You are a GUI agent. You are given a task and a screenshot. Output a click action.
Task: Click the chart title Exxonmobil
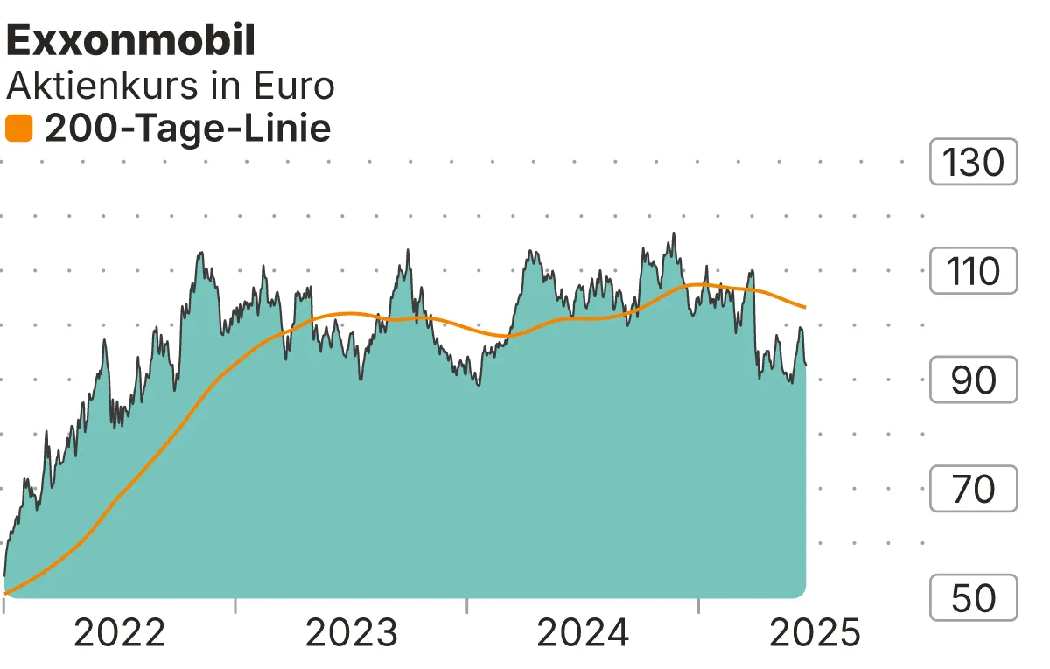pyautogui.click(x=131, y=40)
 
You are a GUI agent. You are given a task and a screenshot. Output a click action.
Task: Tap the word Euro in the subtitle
pyautogui.click(x=293, y=87)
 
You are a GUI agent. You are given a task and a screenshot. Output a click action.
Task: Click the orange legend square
pyautogui.click(x=18, y=129)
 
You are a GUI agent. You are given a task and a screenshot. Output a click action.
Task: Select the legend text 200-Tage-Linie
pyautogui.click(x=187, y=129)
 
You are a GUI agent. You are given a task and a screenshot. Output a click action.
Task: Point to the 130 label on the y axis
pyautogui.click(x=973, y=162)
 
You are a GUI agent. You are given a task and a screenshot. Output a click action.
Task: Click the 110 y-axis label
pyautogui.click(x=973, y=271)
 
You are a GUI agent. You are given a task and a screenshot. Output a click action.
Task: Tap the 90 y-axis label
pyautogui.click(x=973, y=380)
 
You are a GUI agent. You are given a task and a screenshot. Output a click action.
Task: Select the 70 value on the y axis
pyautogui.click(x=973, y=489)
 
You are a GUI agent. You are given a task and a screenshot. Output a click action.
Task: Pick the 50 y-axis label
pyautogui.click(x=973, y=598)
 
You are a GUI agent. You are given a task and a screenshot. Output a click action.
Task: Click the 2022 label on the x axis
pyautogui.click(x=119, y=633)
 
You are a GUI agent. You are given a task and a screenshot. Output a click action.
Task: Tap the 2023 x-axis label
pyautogui.click(x=351, y=633)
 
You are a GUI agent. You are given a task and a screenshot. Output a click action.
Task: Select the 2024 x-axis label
pyautogui.click(x=583, y=633)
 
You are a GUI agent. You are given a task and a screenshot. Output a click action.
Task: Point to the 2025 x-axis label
pyautogui.click(x=815, y=633)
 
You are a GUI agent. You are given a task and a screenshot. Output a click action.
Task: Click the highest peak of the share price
pyautogui.click(x=673, y=233)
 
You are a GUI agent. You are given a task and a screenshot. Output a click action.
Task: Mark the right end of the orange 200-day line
pyautogui.click(x=804, y=307)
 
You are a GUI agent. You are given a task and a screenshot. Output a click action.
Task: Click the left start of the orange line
pyautogui.click(x=5, y=593)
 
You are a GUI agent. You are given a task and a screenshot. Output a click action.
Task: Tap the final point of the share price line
pyautogui.click(x=805, y=364)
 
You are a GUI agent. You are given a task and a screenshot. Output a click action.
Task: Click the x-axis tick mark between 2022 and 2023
pyautogui.click(x=235, y=605)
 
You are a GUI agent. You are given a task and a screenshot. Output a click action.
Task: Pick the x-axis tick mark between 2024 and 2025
pyautogui.click(x=699, y=605)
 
